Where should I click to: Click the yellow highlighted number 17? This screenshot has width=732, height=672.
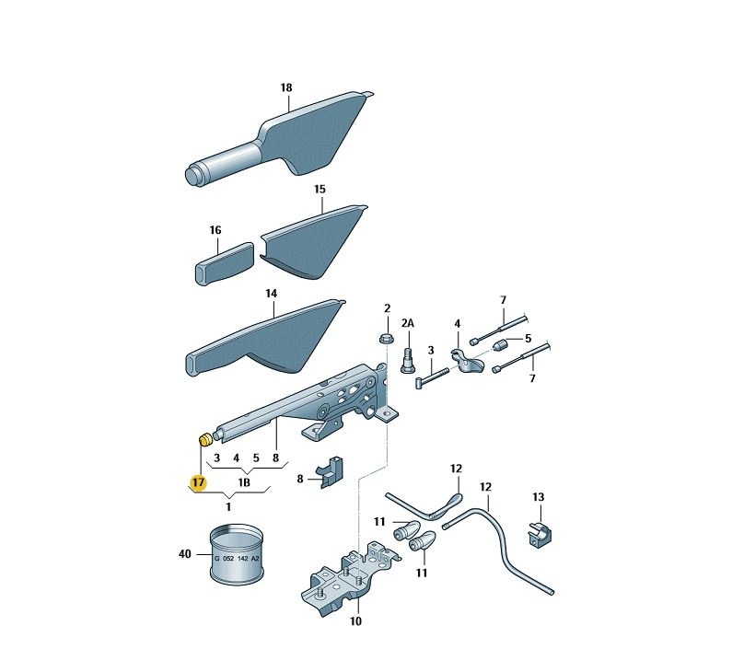[198, 482]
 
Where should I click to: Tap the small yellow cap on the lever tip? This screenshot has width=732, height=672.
[205, 440]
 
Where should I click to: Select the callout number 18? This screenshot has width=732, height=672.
[286, 87]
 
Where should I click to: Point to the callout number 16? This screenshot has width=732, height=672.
[215, 230]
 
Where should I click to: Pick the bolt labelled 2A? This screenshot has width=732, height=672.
[408, 360]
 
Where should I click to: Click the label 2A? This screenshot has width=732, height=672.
[408, 323]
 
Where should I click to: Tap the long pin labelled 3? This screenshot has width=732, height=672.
[432, 377]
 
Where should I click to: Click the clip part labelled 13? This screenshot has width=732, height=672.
[540, 535]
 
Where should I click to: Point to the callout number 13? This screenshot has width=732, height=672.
[539, 497]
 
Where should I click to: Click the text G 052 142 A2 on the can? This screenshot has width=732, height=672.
[237, 558]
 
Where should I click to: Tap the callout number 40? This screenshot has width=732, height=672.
[185, 554]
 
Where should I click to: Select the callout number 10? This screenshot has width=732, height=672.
[355, 621]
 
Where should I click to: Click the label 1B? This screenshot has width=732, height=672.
[244, 482]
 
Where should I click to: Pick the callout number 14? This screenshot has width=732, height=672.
[272, 294]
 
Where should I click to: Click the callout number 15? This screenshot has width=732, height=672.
[320, 189]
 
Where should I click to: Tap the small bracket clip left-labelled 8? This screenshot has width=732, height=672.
[331, 471]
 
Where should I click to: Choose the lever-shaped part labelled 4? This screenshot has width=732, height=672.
[467, 362]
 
